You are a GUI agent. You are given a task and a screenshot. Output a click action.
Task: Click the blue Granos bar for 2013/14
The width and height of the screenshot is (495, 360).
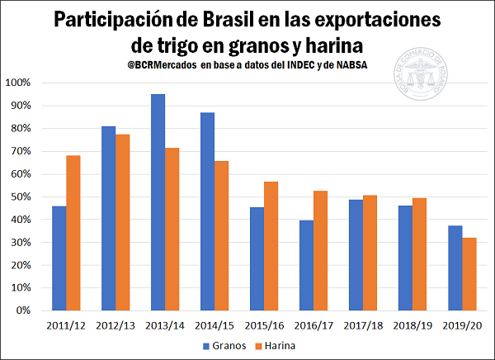pyautogui.click(x=158, y=202)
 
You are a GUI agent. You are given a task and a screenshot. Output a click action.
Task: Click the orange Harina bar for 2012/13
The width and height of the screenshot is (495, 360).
pyautogui.click(x=123, y=222)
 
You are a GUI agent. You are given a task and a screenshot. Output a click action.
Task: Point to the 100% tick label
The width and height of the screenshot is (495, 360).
pyautogui.click(x=17, y=83)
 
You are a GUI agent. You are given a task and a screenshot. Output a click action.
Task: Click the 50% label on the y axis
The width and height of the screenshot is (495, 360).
pyautogui.click(x=20, y=197)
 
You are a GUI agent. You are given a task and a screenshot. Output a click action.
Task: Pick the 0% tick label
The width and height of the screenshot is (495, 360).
pyautogui.click(x=22, y=311)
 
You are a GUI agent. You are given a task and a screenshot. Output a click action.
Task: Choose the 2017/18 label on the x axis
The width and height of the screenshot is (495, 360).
pyautogui.click(x=363, y=324)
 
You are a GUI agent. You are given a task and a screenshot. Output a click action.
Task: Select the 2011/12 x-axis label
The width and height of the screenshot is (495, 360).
pyautogui.click(x=66, y=324)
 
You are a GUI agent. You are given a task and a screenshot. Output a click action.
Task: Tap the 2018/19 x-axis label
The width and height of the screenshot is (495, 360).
pyautogui.click(x=412, y=324)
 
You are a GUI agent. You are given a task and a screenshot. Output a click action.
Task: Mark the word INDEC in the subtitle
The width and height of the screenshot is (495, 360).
pyautogui.click(x=301, y=65)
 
